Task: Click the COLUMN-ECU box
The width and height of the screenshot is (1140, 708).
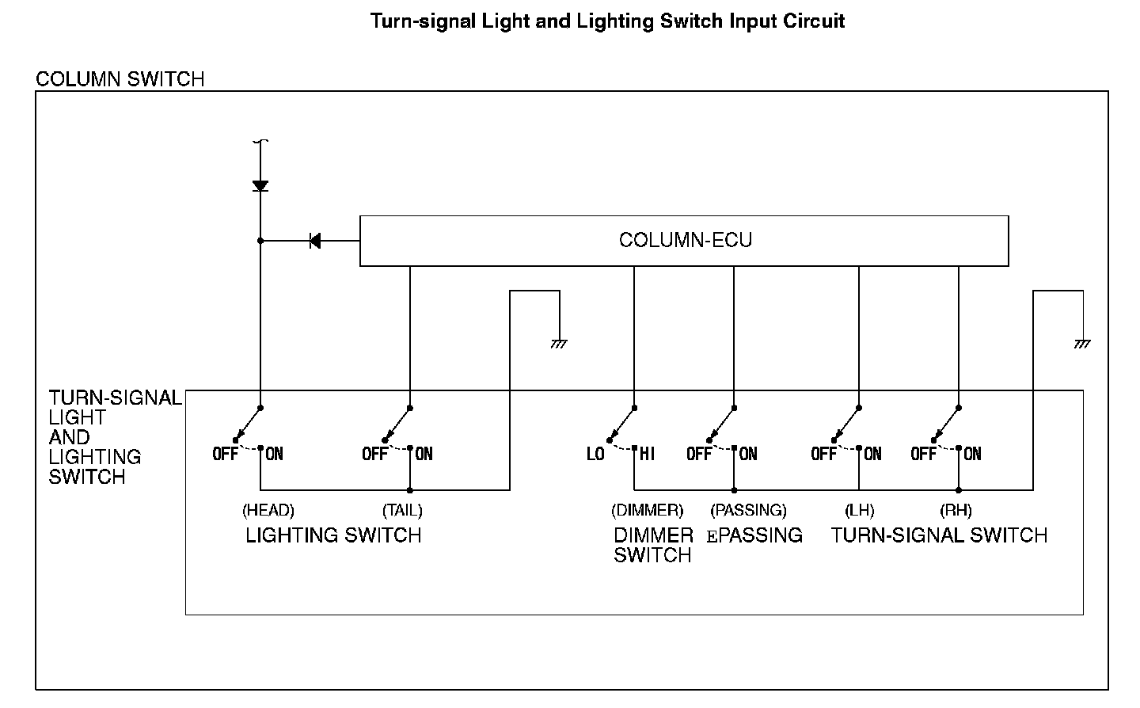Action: coord(684,240)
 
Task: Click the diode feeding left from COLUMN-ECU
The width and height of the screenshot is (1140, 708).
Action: coord(314,241)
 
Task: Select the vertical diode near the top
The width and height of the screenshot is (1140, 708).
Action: coord(260,186)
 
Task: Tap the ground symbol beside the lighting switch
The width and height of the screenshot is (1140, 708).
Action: coord(559,344)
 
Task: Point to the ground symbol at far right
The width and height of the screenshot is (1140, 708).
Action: coord(1082,344)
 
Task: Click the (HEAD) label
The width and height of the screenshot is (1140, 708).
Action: coord(268,511)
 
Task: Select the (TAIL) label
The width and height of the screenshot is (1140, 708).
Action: coord(402,511)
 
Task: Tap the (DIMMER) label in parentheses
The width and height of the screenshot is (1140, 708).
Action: coord(648,511)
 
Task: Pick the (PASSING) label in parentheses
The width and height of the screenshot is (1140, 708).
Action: coord(748,511)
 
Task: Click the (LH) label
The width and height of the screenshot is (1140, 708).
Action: coord(859,511)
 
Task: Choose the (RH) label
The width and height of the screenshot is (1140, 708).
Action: coord(956,511)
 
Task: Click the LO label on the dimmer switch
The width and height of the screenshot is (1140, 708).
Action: coord(595,455)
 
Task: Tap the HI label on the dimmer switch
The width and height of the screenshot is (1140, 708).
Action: coord(648,455)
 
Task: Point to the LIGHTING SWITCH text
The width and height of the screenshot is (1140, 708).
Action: coord(333,535)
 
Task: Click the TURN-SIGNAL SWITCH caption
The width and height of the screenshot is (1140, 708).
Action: coord(939,535)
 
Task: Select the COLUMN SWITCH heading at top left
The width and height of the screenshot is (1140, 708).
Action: coord(120,79)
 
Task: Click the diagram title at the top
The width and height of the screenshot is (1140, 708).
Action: coord(607,21)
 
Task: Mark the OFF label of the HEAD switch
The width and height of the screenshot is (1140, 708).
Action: coord(226,455)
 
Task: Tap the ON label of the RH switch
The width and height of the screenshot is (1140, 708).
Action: coord(973,455)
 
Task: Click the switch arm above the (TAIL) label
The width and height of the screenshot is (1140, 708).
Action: coord(397,424)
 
